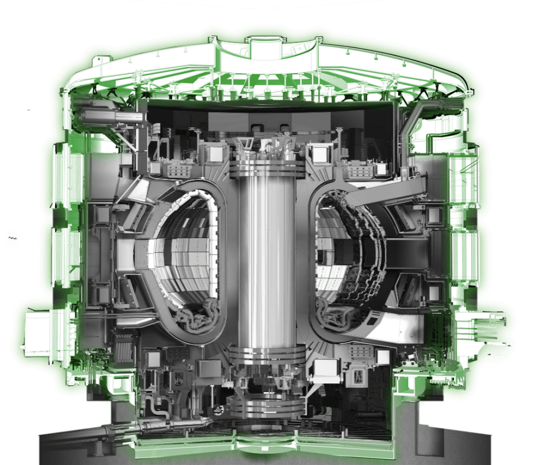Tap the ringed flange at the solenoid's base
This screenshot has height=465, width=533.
266,355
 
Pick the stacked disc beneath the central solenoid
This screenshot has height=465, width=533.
266,409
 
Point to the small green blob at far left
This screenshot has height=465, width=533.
12,238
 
